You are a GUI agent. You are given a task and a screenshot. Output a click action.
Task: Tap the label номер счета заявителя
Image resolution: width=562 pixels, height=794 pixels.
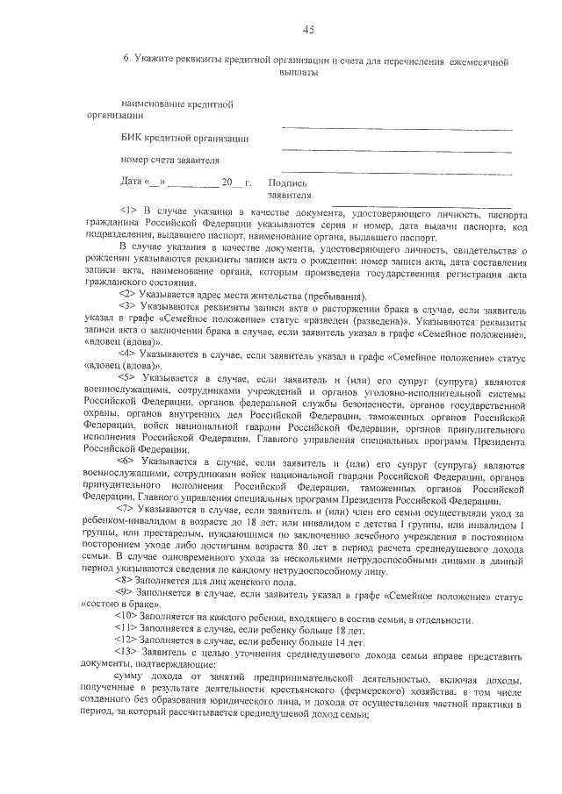click(169, 160)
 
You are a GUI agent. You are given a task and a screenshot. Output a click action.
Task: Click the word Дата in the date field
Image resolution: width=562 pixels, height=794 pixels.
click(131, 182)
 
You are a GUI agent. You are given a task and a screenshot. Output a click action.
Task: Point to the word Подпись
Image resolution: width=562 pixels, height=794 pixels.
click(286, 182)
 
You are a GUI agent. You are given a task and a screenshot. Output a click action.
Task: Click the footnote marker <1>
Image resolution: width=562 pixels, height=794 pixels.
click(127, 212)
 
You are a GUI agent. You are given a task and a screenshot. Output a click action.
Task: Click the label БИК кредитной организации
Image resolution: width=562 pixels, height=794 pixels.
click(184, 139)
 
